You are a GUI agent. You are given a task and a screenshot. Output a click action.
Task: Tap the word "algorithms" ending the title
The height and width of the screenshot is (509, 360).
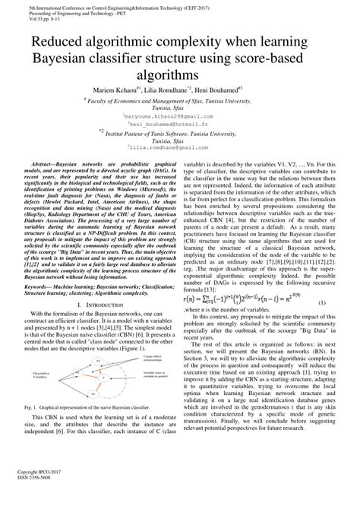179,75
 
